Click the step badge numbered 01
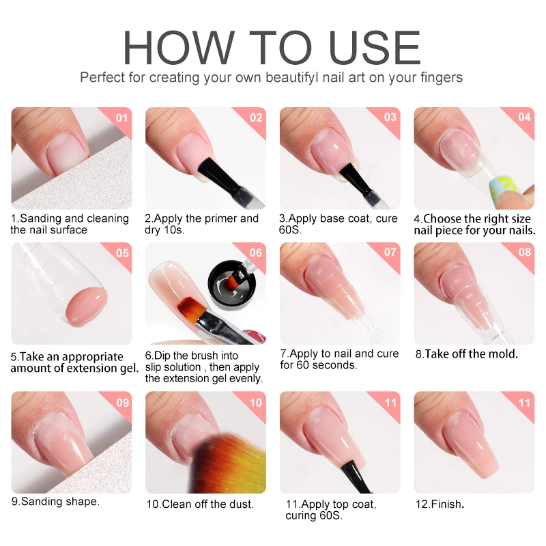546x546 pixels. (x=122, y=117)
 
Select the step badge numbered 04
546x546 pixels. (x=524, y=117)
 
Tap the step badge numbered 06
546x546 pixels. (x=256, y=253)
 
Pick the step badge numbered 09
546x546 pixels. (x=122, y=402)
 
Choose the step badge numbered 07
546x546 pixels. (x=390, y=253)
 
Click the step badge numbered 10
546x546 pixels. (x=256, y=402)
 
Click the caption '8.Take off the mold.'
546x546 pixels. (x=466, y=354)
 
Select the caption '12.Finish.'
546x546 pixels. (x=440, y=504)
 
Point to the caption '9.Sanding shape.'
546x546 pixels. (x=55, y=501)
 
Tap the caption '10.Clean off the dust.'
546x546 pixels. (x=199, y=504)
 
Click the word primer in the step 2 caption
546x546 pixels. (x=208, y=218)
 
